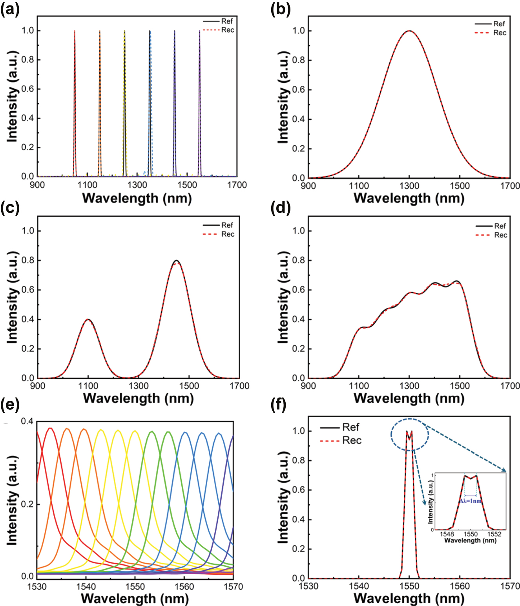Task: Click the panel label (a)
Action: pyautogui.click(x=9, y=9)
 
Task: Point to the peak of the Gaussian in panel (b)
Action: pyautogui.click(x=409, y=31)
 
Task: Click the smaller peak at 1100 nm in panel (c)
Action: pyautogui.click(x=88, y=319)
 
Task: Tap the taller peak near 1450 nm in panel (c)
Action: pyautogui.click(x=177, y=261)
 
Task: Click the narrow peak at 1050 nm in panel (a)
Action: pyautogui.click(x=75, y=31)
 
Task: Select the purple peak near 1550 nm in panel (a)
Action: pyautogui.click(x=199, y=31)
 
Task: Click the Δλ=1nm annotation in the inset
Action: pyautogui.click(x=470, y=501)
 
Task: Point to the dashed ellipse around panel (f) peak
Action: pyautogui.click(x=409, y=434)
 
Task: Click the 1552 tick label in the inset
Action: pyautogui.click(x=494, y=534)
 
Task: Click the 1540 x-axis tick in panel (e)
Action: pyautogui.click(x=86, y=587)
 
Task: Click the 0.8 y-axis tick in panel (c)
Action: pyautogui.click(x=27, y=260)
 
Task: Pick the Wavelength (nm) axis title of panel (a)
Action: pyautogui.click(x=137, y=198)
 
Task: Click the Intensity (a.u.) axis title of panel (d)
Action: pyautogui.click(x=283, y=297)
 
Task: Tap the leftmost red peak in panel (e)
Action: pyautogui.click(x=50, y=429)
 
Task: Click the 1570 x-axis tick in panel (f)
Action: pyautogui.click(x=510, y=586)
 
